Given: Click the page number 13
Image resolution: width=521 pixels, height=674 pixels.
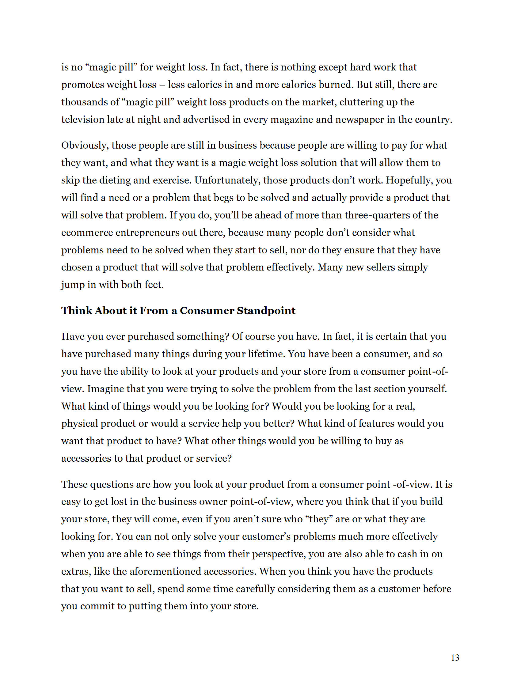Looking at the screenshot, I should point(454,658).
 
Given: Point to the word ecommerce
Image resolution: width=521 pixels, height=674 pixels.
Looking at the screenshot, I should point(87,233).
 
